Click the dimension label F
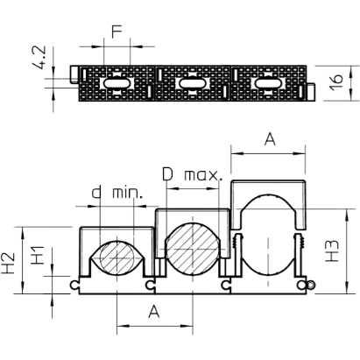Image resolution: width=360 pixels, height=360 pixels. [x=116, y=32]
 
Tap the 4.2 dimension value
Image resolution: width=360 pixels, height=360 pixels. [x=39, y=57]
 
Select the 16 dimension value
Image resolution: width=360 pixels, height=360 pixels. [x=337, y=82]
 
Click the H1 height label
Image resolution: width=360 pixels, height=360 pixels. [x=38, y=255]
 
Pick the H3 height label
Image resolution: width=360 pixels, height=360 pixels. [x=332, y=251]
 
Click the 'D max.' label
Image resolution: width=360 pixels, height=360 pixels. [x=193, y=174]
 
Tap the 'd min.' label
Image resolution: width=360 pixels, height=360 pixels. [x=117, y=193]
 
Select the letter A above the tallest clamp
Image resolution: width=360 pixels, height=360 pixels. [x=270, y=139]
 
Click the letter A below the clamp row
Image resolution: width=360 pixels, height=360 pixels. [x=154, y=312]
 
